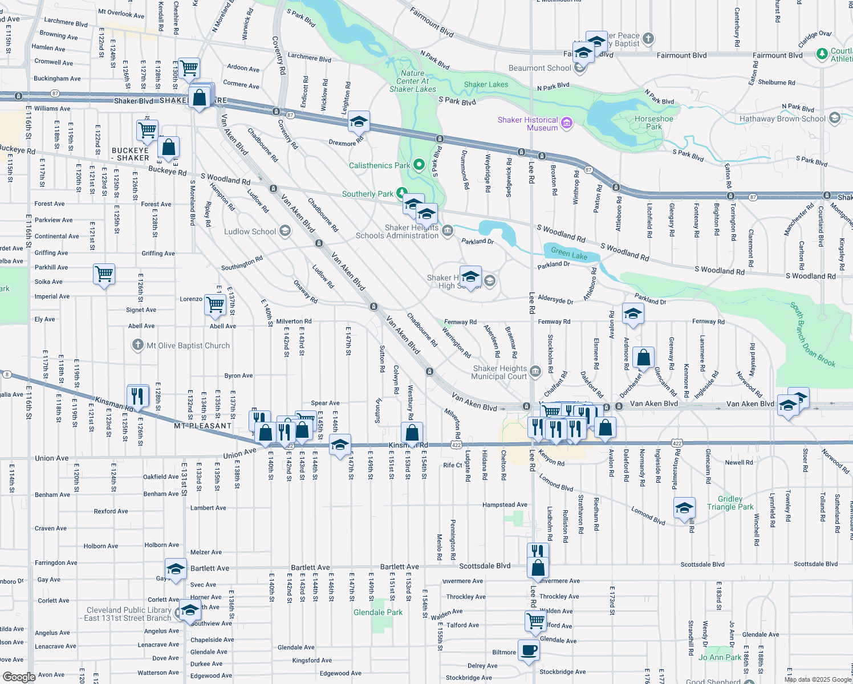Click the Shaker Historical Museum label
click(527, 124)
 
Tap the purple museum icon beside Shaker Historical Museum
click(567, 123)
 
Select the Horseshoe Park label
click(653, 123)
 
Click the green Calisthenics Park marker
click(419, 165)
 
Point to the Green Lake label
click(569, 254)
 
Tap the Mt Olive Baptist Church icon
click(137, 345)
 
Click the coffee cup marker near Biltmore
click(529, 650)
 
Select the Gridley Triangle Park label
click(730, 503)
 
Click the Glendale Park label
click(377, 612)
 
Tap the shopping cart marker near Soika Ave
click(104, 274)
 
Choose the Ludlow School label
click(250, 231)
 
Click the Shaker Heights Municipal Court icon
click(535, 372)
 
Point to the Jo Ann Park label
click(720, 657)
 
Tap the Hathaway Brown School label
click(782, 119)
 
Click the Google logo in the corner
click(19, 677)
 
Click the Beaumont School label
click(539, 68)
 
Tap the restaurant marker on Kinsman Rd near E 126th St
click(137, 395)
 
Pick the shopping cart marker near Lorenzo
click(216, 304)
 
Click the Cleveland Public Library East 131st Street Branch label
click(128, 614)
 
